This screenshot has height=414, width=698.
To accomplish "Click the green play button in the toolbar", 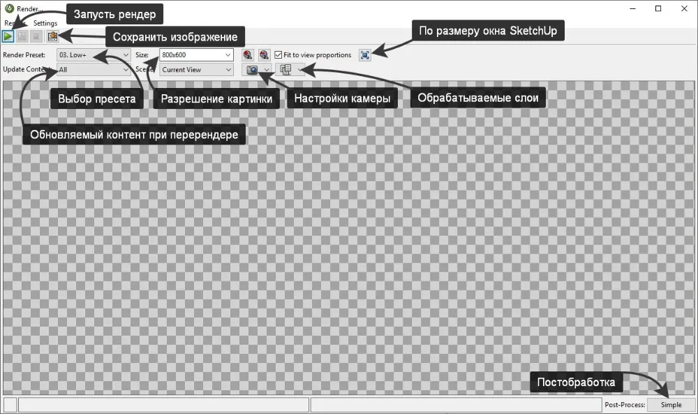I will click(x=8, y=36).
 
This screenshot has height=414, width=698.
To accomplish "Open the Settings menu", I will click(x=45, y=23).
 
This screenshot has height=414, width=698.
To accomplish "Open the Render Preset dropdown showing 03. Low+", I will click(x=94, y=54).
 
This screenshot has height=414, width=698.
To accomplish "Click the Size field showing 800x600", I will click(x=195, y=54).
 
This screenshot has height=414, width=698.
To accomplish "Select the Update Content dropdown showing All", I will click(x=94, y=69).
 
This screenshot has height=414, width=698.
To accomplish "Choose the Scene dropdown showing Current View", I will click(x=195, y=69).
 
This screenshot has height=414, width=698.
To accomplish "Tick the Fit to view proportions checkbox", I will click(x=279, y=54).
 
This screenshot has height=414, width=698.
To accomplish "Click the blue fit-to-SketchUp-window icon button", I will click(x=364, y=54).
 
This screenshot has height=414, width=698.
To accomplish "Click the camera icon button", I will click(x=252, y=69).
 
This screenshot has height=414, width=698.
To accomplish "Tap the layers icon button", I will click(x=285, y=69).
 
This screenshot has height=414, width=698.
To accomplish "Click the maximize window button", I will click(x=658, y=8).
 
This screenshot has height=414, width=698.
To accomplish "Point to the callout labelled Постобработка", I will click(x=576, y=382).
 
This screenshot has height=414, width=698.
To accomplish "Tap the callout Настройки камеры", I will click(x=342, y=98).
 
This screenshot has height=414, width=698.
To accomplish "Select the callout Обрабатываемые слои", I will click(x=477, y=98).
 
